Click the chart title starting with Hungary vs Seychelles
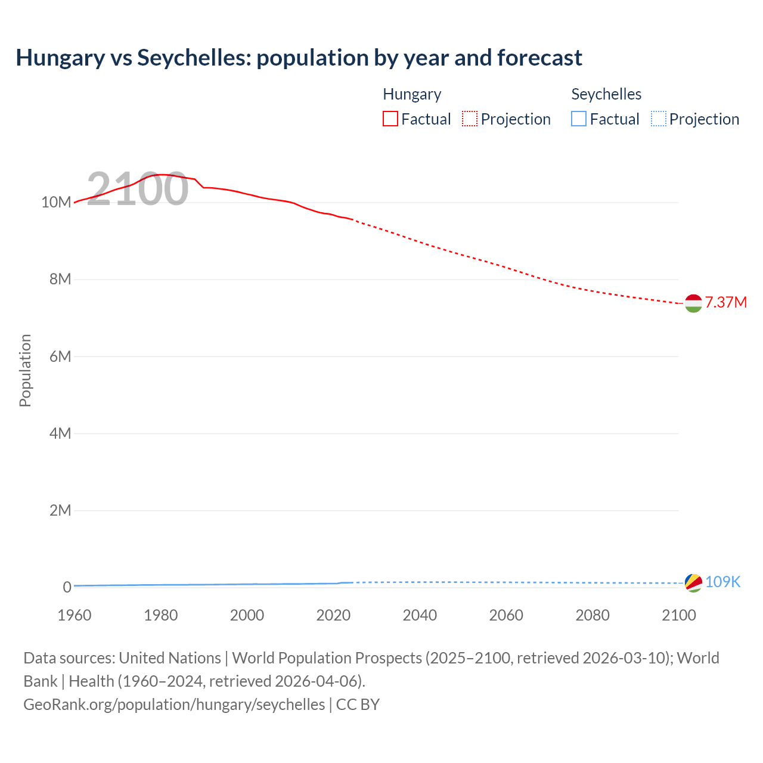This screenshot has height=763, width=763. click(x=299, y=58)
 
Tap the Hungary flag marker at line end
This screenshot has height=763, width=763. click(x=693, y=303)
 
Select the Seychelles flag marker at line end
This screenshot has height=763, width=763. click(x=693, y=582)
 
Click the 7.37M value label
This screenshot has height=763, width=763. click(x=725, y=302)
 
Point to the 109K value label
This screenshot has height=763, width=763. click(x=722, y=582)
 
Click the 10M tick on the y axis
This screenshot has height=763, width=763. click(x=56, y=202)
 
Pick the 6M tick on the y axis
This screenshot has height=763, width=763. click(x=60, y=356)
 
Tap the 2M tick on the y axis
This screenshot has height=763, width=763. click(x=60, y=510)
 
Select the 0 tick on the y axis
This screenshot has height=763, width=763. click(x=67, y=587)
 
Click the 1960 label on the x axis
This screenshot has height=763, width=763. click(x=75, y=615)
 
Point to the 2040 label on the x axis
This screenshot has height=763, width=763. click(x=420, y=615)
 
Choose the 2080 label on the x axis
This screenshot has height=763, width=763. click(x=593, y=615)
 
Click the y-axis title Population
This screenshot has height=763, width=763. click(x=25, y=370)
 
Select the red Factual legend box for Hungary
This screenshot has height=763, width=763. click(x=390, y=119)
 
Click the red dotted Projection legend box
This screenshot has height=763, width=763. click(x=470, y=119)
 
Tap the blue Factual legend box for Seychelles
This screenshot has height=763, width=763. click(x=579, y=119)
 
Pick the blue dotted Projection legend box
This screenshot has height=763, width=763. click(x=659, y=119)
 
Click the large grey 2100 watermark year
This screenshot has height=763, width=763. click(x=138, y=189)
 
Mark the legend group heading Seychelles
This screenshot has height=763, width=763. click(x=606, y=94)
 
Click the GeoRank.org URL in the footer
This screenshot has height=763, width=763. click(x=174, y=705)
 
